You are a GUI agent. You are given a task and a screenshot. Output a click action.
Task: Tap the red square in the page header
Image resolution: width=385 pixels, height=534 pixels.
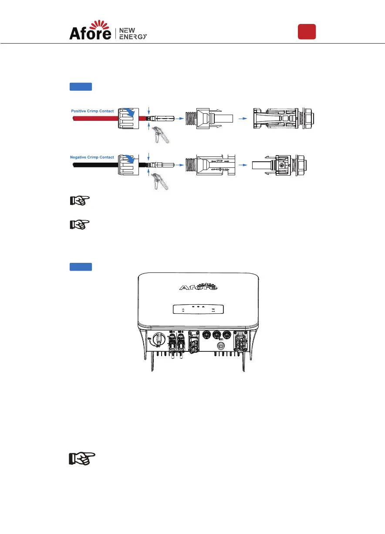(307, 32)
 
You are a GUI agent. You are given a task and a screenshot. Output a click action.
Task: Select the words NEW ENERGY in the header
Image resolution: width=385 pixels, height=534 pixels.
(133, 33)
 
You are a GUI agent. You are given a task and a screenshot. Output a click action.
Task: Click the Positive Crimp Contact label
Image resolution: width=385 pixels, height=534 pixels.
(92, 111)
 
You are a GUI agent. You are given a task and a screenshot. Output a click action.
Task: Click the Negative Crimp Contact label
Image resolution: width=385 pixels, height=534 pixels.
(92, 157)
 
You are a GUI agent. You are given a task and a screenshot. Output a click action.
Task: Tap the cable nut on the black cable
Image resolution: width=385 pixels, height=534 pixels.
(130, 163)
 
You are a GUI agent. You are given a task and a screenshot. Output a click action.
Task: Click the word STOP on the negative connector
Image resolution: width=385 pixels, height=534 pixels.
(216, 160)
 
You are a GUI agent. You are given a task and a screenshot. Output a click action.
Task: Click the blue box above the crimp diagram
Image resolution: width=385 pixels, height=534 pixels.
(81, 87)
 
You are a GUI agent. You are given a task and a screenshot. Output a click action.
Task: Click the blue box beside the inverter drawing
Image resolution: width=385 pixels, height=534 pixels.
(81, 267)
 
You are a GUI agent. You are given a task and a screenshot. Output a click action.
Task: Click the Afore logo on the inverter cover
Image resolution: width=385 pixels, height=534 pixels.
(198, 287)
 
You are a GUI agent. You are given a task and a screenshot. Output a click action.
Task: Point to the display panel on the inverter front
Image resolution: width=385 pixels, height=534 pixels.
(198, 309)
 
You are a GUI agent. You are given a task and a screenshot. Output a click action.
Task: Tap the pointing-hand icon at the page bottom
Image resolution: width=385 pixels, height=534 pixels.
(82, 459)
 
